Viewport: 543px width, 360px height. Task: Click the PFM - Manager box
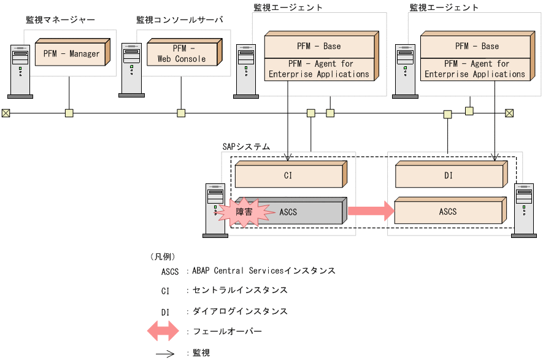(x=71, y=53)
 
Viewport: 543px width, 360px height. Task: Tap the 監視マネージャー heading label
(x=60, y=20)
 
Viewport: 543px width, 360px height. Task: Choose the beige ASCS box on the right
(x=448, y=212)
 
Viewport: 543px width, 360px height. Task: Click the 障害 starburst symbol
(x=244, y=212)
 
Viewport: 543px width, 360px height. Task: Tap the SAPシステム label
(x=245, y=147)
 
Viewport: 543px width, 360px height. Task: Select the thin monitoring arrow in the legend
(x=165, y=353)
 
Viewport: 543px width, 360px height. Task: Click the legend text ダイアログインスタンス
(x=240, y=311)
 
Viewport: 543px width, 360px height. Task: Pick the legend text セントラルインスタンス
(x=240, y=290)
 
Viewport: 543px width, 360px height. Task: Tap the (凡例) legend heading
(x=163, y=256)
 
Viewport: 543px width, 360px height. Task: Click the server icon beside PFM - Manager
(x=20, y=71)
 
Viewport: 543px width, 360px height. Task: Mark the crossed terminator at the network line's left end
(x=6, y=113)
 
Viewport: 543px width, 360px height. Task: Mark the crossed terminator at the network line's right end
(x=509, y=113)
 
